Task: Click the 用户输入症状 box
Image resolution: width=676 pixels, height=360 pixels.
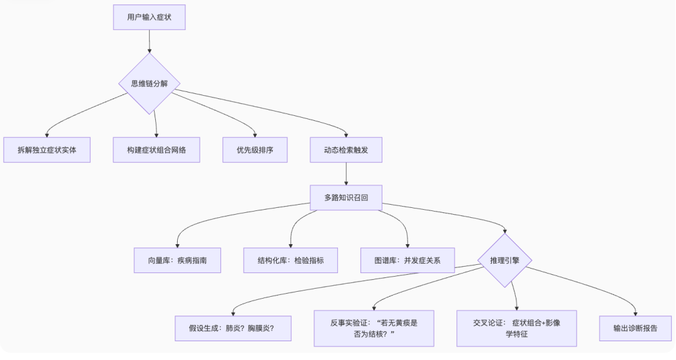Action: coord(149,18)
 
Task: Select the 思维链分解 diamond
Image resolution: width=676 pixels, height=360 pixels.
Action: coord(149,83)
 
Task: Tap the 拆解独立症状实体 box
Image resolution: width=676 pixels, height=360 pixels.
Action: coord(47,150)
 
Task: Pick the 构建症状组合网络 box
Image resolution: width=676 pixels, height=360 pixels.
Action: coord(156,150)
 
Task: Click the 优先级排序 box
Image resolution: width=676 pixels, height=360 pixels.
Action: coord(255,150)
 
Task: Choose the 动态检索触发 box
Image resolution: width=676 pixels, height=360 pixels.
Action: coord(346,150)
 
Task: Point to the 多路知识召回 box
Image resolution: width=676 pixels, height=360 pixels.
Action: coord(346,197)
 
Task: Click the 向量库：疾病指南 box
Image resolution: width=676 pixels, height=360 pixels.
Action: coord(177,260)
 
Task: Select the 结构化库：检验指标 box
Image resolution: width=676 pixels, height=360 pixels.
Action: coord(290,260)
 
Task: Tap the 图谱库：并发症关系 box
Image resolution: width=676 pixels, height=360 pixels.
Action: coord(407,260)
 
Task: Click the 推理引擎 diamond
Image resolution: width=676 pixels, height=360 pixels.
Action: coord(504,260)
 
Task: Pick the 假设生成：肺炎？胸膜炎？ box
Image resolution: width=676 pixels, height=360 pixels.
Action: coord(233,328)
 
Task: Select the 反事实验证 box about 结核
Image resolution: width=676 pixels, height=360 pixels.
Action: coord(374,328)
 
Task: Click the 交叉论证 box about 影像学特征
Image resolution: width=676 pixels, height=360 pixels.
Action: coord(516,328)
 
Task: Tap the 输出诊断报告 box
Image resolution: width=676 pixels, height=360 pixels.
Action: coord(636,328)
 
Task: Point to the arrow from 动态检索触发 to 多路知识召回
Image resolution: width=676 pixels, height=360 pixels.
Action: coord(346,173)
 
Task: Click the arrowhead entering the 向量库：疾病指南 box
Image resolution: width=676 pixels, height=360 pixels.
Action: coord(177,245)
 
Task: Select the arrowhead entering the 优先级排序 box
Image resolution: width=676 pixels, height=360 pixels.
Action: coord(255,134)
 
